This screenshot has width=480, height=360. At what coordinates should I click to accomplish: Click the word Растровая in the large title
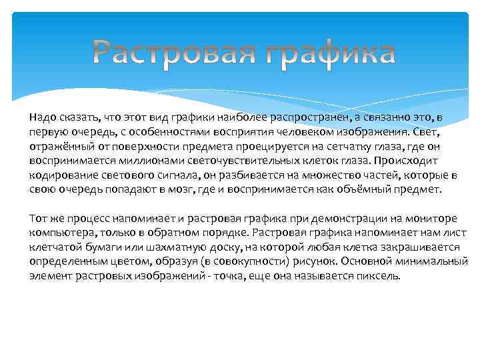174,54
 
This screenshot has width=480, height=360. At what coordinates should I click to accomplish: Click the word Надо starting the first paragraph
43,117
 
